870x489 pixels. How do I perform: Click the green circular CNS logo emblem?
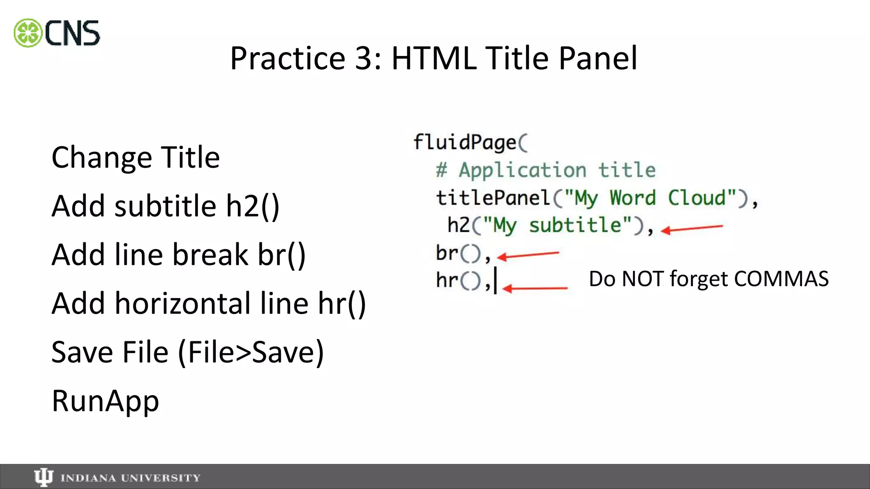(28, 33)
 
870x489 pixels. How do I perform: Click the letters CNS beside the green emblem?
(72, 33)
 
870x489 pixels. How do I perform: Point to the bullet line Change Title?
(136, 157)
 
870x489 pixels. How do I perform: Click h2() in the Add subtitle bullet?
(252, 206)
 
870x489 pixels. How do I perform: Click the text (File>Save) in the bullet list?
(251, 352)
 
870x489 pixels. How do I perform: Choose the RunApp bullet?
(105, 401)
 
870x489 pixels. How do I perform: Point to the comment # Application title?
(545, 170)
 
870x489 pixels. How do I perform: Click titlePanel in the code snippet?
(493, 198)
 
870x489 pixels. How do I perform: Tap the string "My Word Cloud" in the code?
(650, 198)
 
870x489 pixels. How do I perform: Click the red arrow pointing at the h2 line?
(692, 229)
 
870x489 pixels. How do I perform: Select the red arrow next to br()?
(528, 255)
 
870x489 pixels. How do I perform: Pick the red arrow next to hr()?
(535, 289)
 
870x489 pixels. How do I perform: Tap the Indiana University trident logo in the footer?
(43, 478)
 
